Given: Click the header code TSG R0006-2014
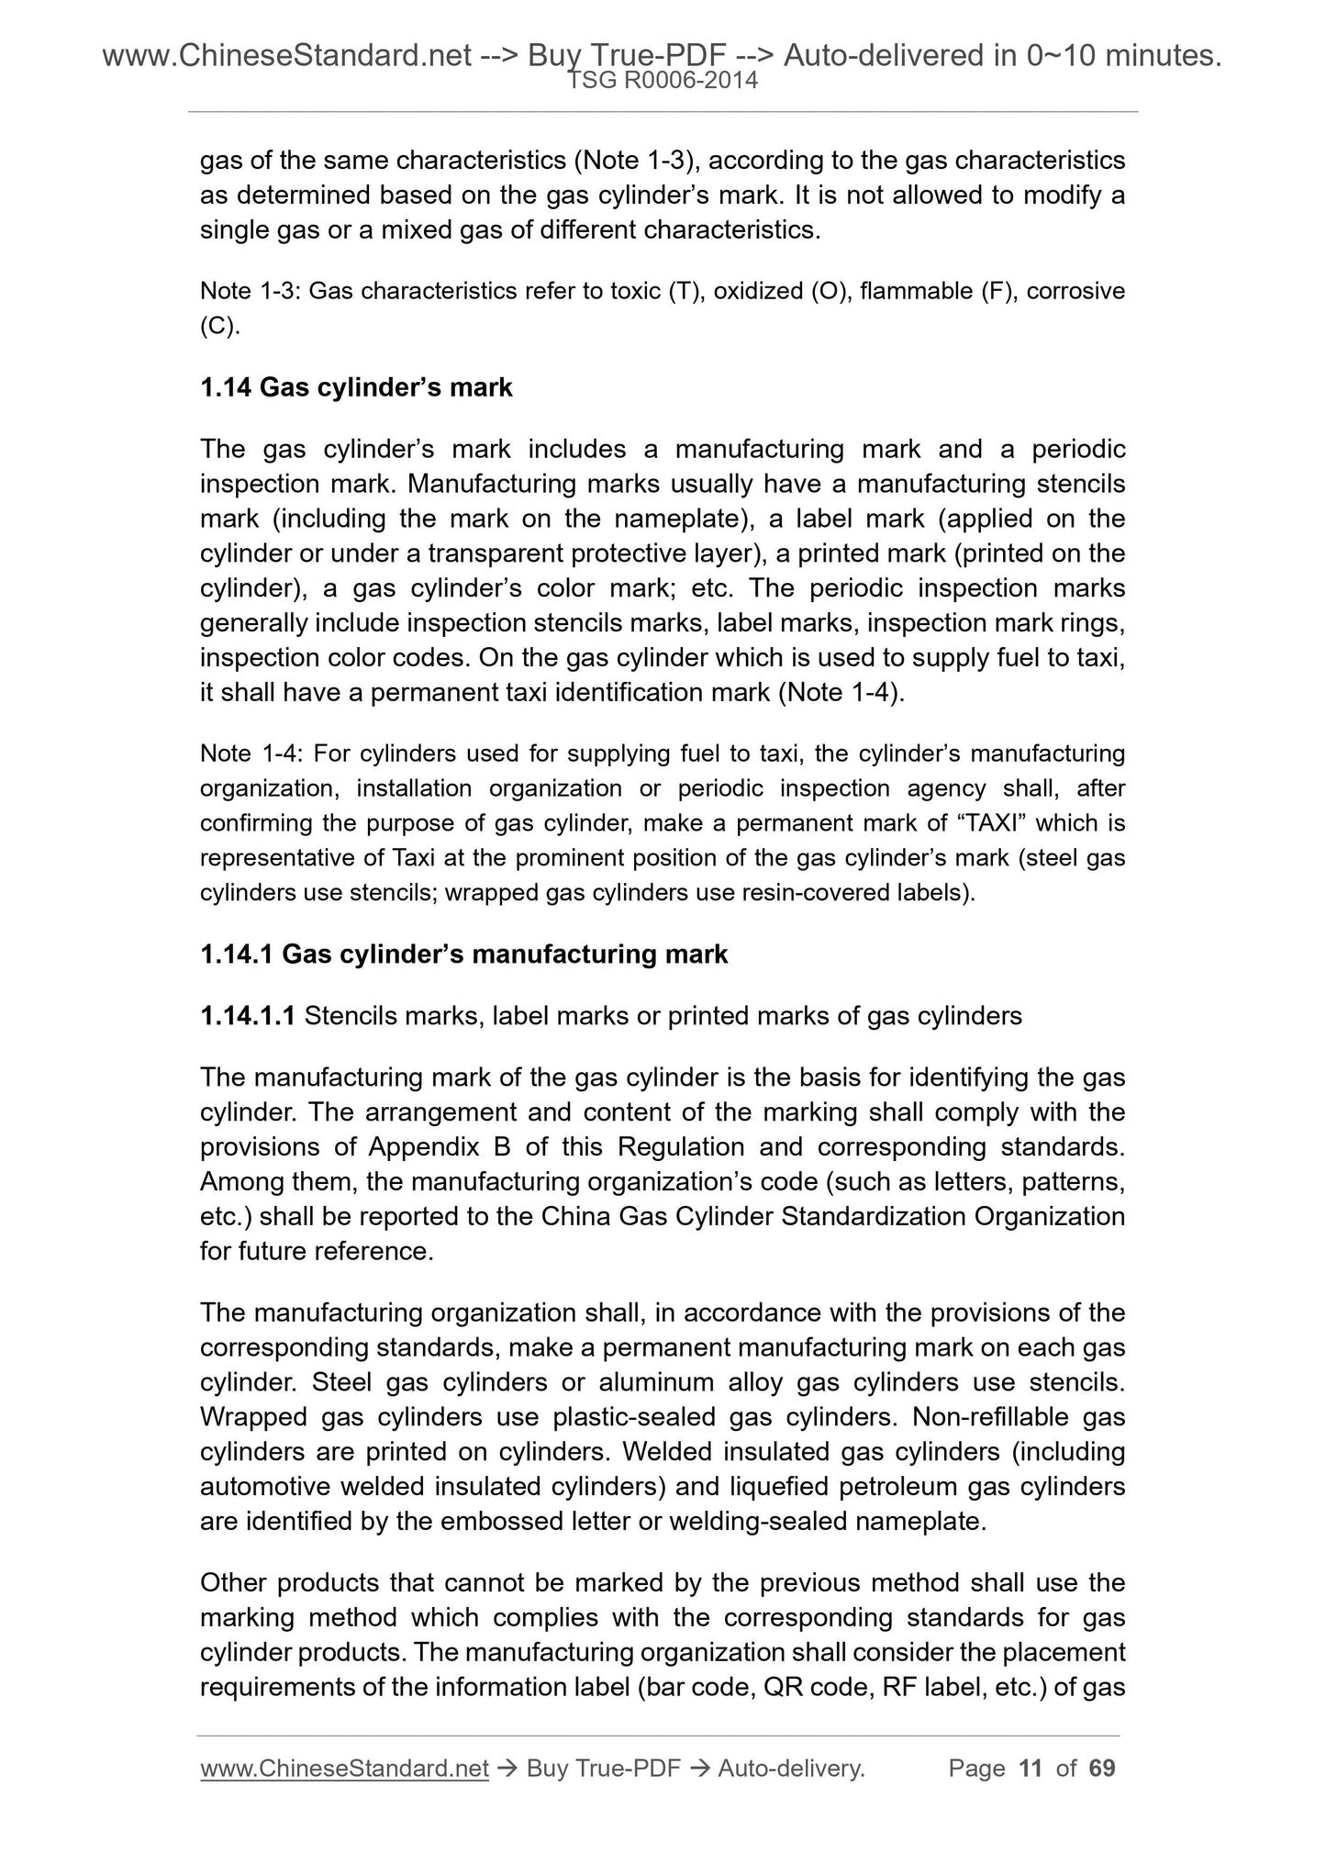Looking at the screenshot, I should point(663,81).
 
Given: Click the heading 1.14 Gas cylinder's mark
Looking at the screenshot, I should point(356,388).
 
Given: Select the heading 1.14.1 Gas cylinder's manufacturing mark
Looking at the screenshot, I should point(463,955).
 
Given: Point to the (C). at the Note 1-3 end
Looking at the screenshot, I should point(220,327).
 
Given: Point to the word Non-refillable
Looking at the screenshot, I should point(989,1417).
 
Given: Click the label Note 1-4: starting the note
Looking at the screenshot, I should point(251,754).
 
